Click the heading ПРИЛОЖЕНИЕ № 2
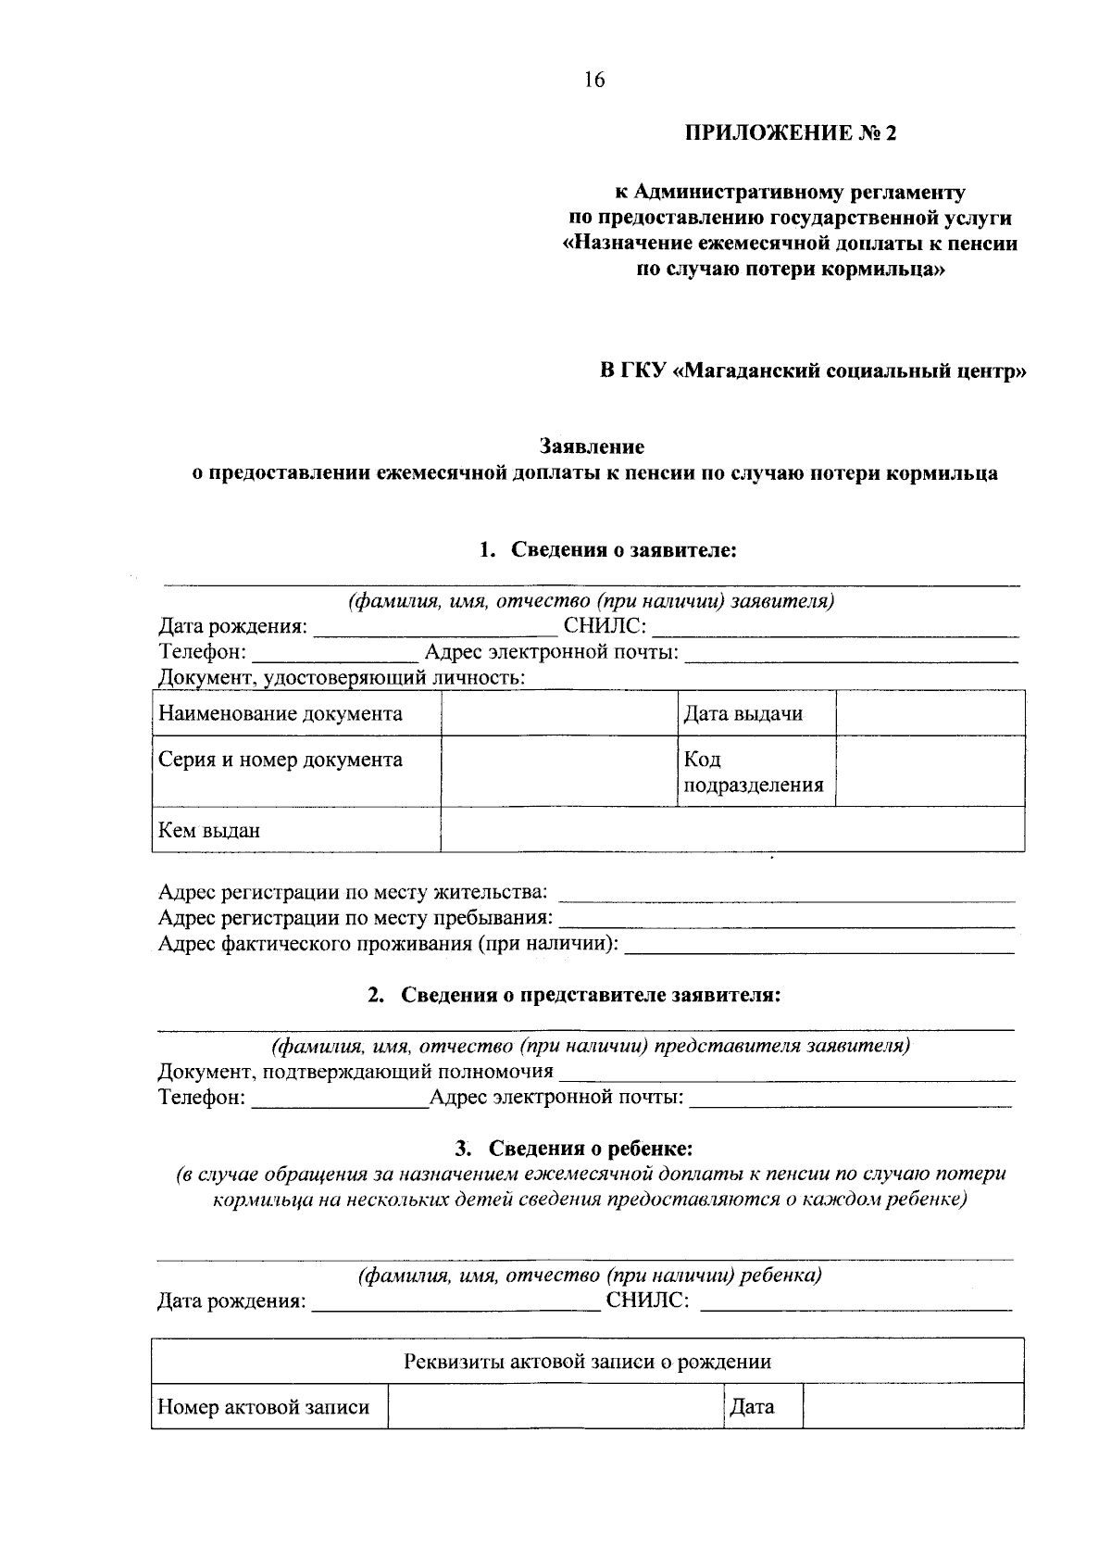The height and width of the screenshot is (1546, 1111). coord(791,133)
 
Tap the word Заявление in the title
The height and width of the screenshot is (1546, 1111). coord(593,446)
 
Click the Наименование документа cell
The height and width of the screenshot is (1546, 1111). coord(281,713)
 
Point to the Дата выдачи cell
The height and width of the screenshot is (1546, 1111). coord(743,713)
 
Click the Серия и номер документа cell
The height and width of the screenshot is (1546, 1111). coord(281,760)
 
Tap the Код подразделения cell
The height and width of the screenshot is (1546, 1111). coord(753,773)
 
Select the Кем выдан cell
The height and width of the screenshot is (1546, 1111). coord(209,830)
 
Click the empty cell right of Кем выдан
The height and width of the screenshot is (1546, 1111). coord(731,829)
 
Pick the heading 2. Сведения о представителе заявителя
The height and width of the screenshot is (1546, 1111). coord(574,995)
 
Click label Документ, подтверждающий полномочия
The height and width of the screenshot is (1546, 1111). coord(356,1072)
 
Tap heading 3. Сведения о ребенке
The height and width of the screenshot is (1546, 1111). coord(573,1149)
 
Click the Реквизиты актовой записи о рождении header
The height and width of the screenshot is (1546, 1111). coord(587,1362)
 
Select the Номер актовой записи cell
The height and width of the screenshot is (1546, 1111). coord(264,1407)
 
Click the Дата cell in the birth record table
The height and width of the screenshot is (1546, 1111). coord(752,1407)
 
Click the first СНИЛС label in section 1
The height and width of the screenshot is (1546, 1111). coord(605,626)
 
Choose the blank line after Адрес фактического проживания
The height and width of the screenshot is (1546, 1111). coord(820,946)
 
